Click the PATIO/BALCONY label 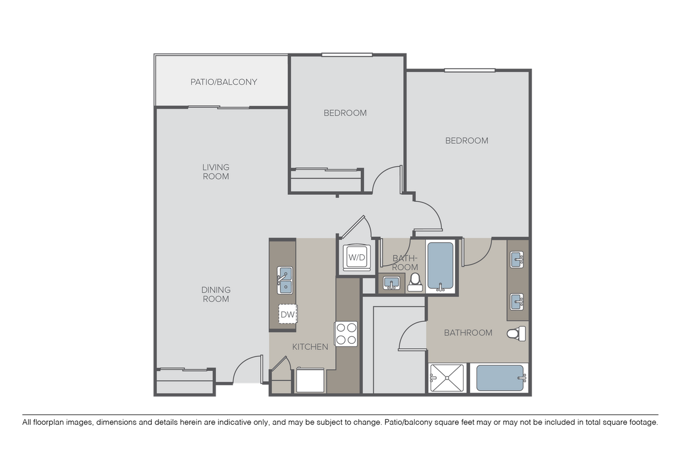[x=223, y=82]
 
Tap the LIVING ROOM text [x=215, y=172]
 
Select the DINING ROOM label [x=215, y=294]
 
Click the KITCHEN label [x=310, y=347]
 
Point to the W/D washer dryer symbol [x=357, y=257]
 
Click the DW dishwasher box [x=287, y=314]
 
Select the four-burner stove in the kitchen [x=346, y=333]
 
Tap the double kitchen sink [x=285, y=280]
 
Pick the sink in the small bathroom [x=391, y=283]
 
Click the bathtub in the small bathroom [x=441, y=267]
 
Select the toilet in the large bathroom [x=516, y=333]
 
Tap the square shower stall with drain [x=446, y=378]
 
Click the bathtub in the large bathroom [x=500, y=378]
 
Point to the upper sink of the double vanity [x=517, y=259]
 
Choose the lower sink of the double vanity [x=517, y=301]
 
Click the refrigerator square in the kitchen [x=310, y=380]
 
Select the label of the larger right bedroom [x=466, y=140]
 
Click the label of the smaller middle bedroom [x=345, y=113]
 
